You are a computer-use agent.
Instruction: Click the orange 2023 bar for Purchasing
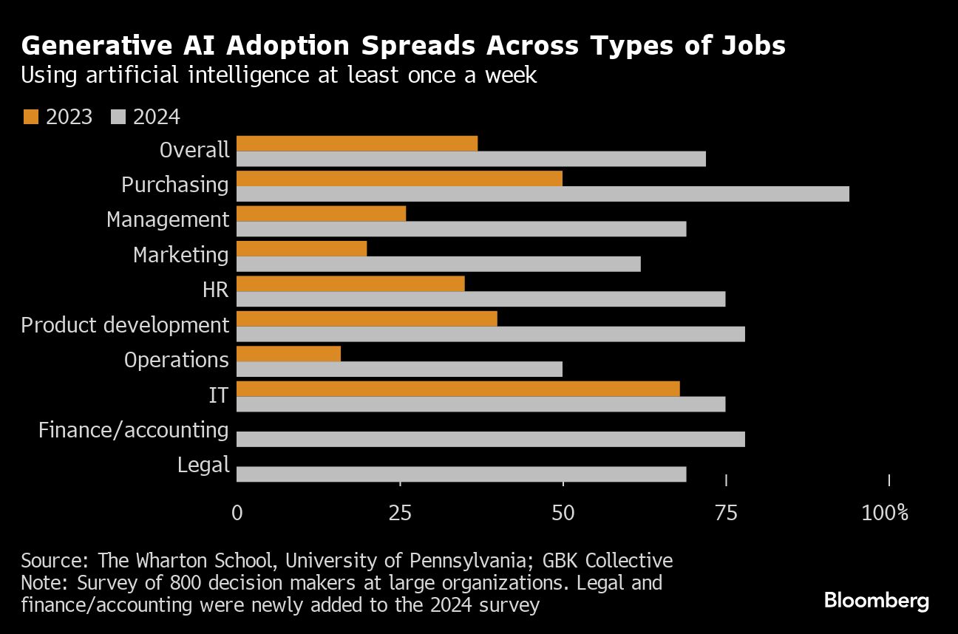[x=399, y=179]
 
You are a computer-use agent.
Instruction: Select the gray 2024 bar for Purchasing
[x=543, y=194]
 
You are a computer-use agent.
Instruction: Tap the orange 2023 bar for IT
[x=458, y=389]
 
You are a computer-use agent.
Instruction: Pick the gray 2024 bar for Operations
[x=399, y=369]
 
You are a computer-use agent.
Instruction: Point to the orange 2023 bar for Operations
[x=288, y=354]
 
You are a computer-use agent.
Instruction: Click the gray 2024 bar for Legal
[x=461, y=474]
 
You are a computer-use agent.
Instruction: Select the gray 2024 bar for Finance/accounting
[x=491, y=439]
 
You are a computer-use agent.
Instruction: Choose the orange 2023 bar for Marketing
[x=302, y=248]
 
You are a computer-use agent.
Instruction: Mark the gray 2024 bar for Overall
[x=471, y=159]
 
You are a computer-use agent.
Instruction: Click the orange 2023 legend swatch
[x=30, y=117]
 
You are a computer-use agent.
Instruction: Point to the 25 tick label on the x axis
[x=400, y=512]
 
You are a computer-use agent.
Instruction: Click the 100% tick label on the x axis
[x=885, y=512]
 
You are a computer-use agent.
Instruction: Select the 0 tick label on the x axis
[x=237, y=512]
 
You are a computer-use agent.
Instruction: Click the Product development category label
[x=125, y=325]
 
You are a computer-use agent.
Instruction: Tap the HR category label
[x=215, y=290]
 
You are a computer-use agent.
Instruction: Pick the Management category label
[x=168, y=220]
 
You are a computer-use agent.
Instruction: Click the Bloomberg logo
[x=876, y=601]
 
